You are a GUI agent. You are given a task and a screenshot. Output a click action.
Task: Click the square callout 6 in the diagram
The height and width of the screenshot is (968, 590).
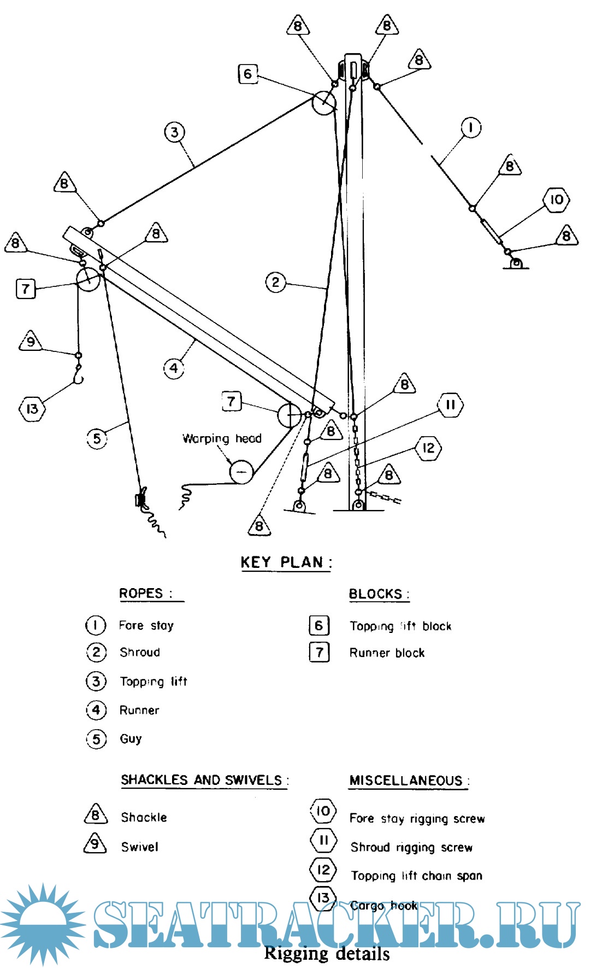pyautogui.click(x=247, y=74)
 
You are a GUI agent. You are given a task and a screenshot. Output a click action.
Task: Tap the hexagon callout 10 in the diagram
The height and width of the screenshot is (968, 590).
pyautogui.click(x=556, y=200)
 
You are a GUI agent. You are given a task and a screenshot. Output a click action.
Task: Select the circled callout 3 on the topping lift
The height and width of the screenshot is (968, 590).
pyautogui.click(x=174, y=132)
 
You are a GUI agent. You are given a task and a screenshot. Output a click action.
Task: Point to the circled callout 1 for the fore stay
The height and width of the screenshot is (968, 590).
pyautogui.click(x=471, y=128)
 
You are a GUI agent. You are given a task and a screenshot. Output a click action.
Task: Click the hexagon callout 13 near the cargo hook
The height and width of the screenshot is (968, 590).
pyautogui.click(x=32, y=408)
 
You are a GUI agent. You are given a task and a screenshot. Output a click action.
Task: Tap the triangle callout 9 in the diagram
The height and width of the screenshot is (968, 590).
pyautogui.click(x=31, y=342)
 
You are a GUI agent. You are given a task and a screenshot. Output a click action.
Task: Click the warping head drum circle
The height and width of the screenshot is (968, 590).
pyautogui.click(x=241, y=471)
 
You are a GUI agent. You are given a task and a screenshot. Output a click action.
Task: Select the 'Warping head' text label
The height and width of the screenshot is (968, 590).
pyautogui.click(x=222, y=438)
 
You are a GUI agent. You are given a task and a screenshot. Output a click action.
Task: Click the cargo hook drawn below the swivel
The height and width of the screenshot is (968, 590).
pyautogui.click(x=78, y=377)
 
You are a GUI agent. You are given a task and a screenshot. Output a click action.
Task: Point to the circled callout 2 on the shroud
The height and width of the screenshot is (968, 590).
pyautogui.click(x=275, y=283)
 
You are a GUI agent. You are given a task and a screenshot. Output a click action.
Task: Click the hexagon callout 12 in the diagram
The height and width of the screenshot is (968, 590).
pyautogui.click(x=428, y=448)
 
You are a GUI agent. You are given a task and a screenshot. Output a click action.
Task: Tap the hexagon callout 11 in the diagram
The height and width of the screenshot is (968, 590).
pyautogui.click(x=450, y=405)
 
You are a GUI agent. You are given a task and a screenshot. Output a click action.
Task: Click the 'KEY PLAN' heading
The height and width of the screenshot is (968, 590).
pyautogui.click(x=286, y=562)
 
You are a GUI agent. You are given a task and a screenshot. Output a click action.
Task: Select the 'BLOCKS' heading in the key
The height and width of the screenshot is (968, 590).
pyautogui.click(x=378, y=594)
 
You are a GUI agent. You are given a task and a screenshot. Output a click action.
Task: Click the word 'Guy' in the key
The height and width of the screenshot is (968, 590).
pyautogui.click(x=131, y=739)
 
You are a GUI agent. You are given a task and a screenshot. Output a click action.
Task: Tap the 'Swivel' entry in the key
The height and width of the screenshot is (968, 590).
pyautogui.click(x=140, y=847)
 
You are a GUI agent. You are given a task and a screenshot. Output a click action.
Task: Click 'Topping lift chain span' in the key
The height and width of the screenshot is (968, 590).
pyautogui.click(x=416, y=876)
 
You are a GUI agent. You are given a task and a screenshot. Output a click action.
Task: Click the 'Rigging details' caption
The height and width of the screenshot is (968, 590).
pyautogui.click(x=327, y=954)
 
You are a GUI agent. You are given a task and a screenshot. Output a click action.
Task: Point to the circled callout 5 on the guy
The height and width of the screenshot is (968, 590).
pyautogui.click(x=97, y=438)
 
